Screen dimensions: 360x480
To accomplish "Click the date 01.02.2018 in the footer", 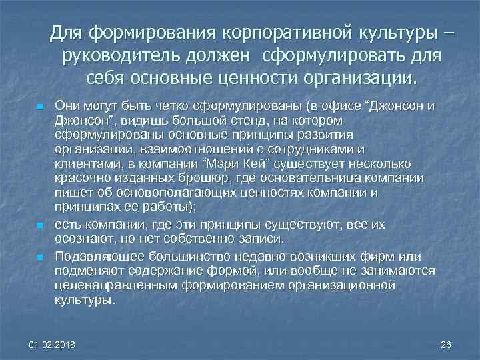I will coord(53,345).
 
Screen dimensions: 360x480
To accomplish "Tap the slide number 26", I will coord(446,345).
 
